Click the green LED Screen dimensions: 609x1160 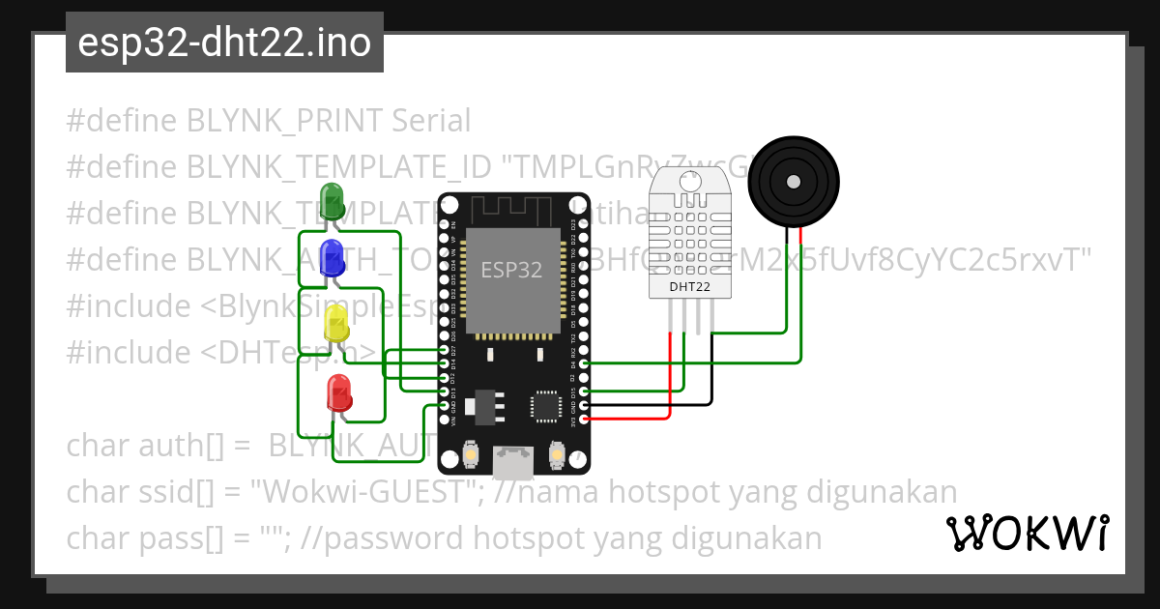pyautogui.click(x=333, y=200)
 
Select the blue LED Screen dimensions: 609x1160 pyautogui.click(x=333, y=256)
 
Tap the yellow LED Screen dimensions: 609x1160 pyautogui.click(x=335, y=324)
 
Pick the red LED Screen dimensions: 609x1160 pyautogui.click(x=339, y=391)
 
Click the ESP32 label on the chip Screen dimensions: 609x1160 pyautogui.click(x=511, y=270)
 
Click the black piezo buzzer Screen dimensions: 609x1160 pyautogui.click(x=793, y=181)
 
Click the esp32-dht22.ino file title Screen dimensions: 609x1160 pyautogui.click(x=224, y=43)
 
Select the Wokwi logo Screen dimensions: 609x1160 pyautogui.click(x=1027, y=533)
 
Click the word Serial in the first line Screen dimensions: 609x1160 pyautogui.click(x=431, y=121)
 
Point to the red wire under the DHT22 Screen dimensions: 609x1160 pyautogui.click(x=671, y=377)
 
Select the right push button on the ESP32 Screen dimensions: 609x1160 pyautogui.click(x=557, y=454)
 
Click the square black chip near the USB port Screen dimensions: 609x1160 pyautogui.click(x=545, y=406)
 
